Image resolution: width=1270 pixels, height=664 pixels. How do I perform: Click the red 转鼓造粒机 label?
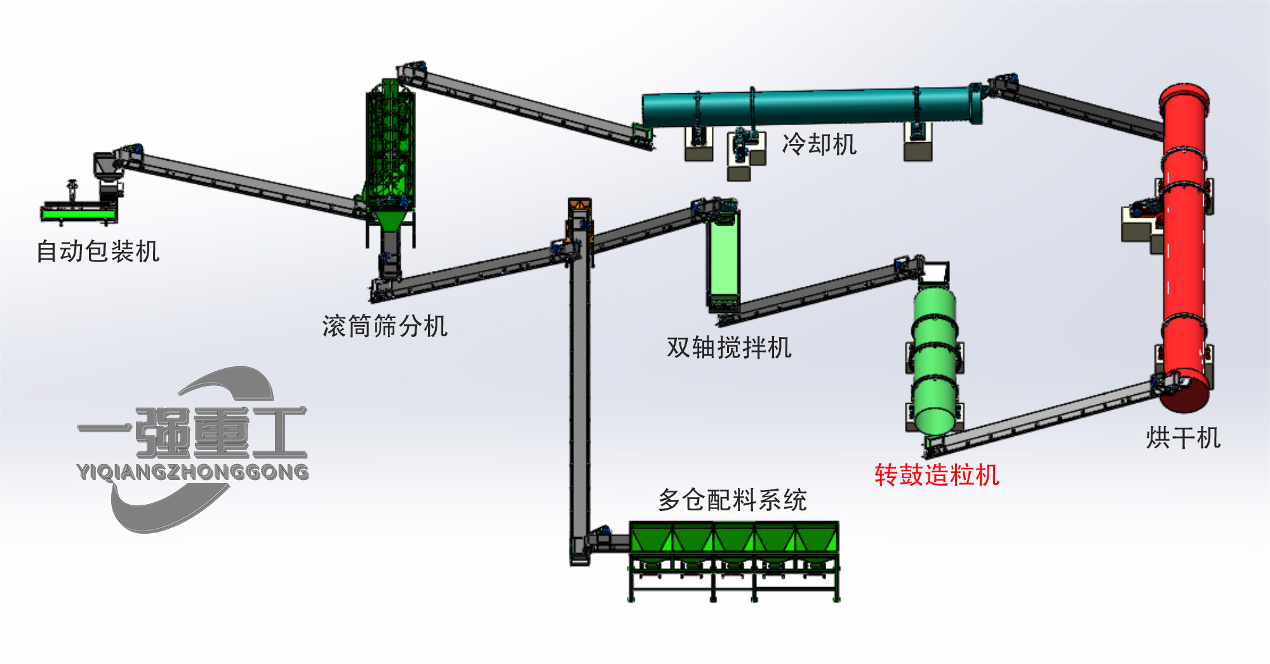coord(937,475)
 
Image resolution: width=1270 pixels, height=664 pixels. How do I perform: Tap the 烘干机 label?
coord(1183,438)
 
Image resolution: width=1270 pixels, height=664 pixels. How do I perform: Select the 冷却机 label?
coord(819,144)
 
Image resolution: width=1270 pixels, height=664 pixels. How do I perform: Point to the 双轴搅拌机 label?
coord(729,347)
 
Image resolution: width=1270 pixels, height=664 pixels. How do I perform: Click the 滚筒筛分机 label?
coord(385,326)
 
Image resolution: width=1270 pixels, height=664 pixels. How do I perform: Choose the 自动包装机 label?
coord(98,251)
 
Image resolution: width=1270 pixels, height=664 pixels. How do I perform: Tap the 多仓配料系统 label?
coord(732,500)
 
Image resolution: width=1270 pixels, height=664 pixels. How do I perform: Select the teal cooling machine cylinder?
coord(806,108)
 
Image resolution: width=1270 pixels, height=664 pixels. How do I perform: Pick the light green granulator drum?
coord(934,362)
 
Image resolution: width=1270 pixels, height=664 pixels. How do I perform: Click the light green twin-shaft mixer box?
coord(723,260)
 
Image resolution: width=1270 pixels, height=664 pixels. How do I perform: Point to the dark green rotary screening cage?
coord(389,146)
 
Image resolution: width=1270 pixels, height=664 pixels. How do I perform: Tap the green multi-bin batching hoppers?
coord(734,540)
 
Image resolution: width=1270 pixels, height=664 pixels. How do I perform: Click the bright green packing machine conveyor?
coord(79,215)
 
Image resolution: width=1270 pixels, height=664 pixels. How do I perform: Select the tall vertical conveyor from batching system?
coord(578,394)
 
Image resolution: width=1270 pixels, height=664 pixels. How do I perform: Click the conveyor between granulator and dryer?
coord(1041,416)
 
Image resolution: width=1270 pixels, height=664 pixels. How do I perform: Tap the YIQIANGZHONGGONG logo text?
coord(192,472)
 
